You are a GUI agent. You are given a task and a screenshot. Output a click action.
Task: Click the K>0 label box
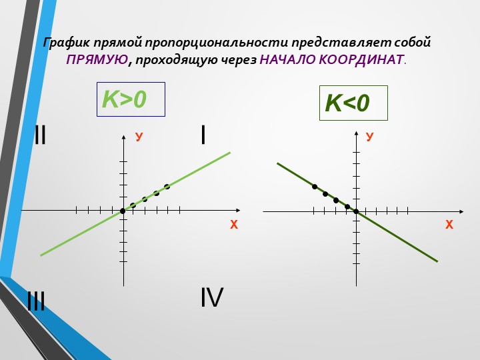coord(131,99)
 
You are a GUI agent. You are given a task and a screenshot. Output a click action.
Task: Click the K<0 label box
coord(353,103)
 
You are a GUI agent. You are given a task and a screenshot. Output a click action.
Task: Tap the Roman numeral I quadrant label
coord(203,135)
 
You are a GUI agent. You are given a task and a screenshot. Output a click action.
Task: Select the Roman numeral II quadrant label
coord(40,135)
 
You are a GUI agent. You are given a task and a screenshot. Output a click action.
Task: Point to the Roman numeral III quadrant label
coord(36,301)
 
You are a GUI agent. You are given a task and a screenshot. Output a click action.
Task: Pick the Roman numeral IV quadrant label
coord(212,297)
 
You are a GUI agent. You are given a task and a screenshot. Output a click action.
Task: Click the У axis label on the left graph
coord(139,137)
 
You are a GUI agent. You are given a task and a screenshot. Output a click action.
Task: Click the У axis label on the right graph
coord(370,137)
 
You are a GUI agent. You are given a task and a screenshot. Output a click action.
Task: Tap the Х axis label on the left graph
coord(234,225)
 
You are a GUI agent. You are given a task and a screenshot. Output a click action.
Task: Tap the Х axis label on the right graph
coord(449,225)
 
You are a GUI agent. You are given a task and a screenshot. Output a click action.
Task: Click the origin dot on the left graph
coord(123,211)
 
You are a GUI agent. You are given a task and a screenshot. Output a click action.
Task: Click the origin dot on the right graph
coord(356,211)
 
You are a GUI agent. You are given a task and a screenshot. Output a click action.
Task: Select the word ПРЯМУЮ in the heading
coord(97,59)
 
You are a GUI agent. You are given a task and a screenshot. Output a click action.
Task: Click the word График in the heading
coord(67,42)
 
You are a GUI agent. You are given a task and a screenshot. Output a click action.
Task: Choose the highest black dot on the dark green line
coord(315,187)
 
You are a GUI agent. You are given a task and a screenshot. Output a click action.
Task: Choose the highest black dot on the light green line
coord(167,187)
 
